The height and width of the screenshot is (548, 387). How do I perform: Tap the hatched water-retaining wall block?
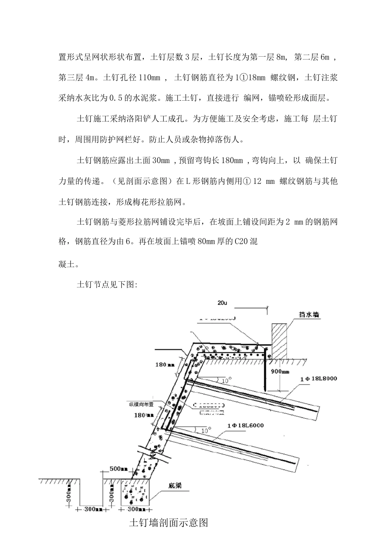(x=279, y=341)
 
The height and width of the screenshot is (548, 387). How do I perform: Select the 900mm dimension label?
(x=280, y=371)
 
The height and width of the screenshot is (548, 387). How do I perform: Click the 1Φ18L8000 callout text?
(x=319, y=378)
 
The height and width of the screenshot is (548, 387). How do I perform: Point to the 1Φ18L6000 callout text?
(x=246, y=425)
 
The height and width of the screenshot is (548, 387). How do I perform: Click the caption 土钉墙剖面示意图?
(x=168, y=523)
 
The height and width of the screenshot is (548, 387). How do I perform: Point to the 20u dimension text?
(x=222, y=303)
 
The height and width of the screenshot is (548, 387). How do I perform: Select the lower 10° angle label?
(x=206, y=430)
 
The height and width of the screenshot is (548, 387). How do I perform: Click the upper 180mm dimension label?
(x=161, y=364)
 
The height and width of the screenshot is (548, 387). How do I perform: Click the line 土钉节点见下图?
(x=108, y=285)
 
